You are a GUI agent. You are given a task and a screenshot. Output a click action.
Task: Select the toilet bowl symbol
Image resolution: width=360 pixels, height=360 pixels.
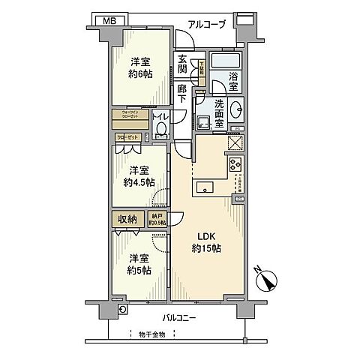click(160, 130)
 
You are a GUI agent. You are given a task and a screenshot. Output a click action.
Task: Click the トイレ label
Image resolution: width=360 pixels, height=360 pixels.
click(160, 116)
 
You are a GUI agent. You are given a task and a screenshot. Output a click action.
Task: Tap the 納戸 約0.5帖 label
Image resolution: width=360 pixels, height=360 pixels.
click(157, 218)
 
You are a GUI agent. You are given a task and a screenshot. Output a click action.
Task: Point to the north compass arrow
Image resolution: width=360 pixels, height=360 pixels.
click(266, 281)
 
